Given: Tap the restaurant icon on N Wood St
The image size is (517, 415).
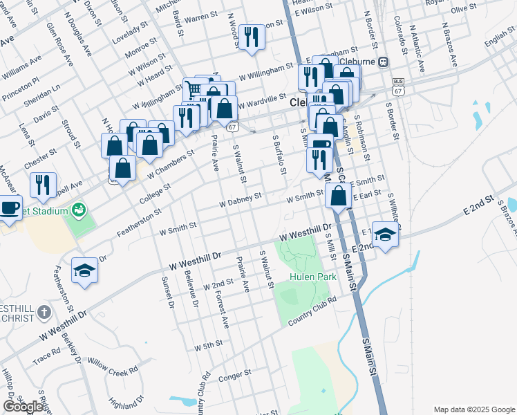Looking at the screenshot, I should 252,37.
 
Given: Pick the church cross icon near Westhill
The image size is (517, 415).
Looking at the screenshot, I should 44,312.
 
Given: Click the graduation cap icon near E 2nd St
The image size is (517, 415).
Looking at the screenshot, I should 384,234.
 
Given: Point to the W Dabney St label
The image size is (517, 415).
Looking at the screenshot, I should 240,199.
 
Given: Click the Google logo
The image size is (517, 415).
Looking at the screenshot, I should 23,407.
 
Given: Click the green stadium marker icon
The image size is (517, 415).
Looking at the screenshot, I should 79,207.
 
